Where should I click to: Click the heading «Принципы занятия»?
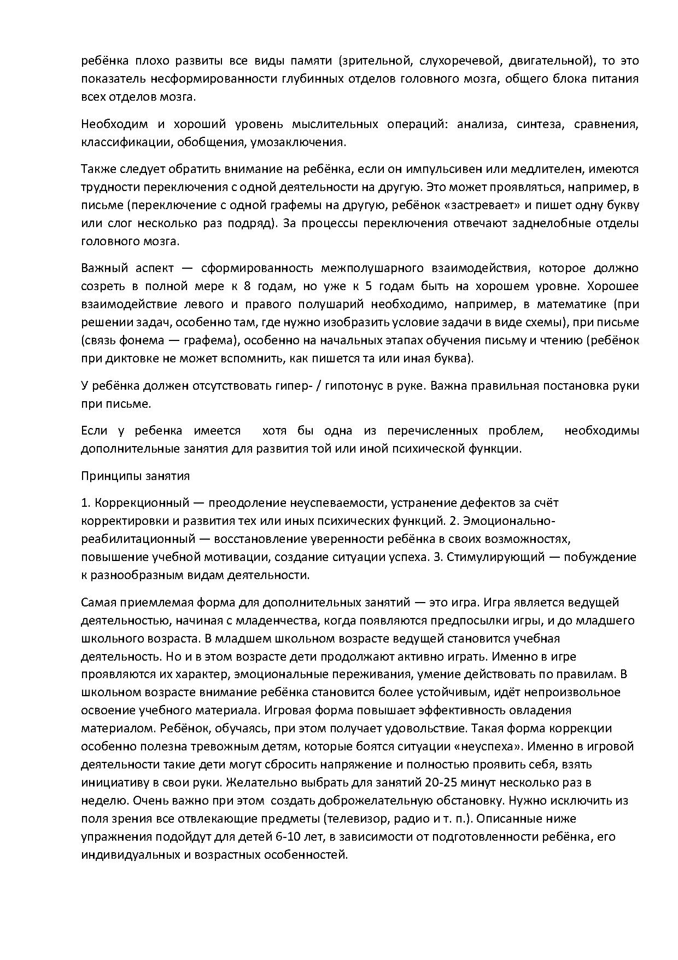pos(136,476)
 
